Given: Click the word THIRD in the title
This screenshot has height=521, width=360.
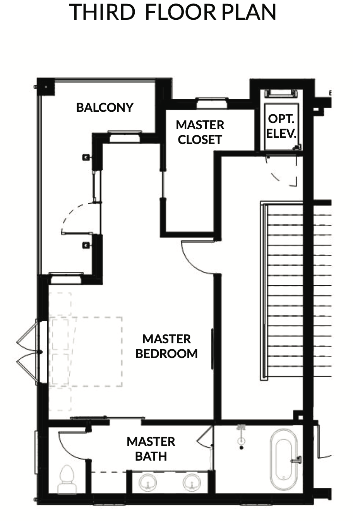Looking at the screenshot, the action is [x=102, y=12].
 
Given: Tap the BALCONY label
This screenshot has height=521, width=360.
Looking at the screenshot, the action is [x=105, y=108].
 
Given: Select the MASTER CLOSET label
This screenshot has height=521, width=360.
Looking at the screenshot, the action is [x=200, y=132].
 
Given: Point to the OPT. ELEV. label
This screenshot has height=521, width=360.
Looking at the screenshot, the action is [x=281, y=126].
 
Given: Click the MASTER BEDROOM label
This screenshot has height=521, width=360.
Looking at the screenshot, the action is [x=166, y=346].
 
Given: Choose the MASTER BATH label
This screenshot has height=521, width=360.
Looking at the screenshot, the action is [x=151, y=449].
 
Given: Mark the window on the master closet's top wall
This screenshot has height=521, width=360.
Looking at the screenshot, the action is [x=211, y=103].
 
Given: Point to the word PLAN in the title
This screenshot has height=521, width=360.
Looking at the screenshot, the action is [x=249, y=12].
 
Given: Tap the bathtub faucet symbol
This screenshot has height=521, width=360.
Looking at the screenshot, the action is [x=297, y=460].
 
